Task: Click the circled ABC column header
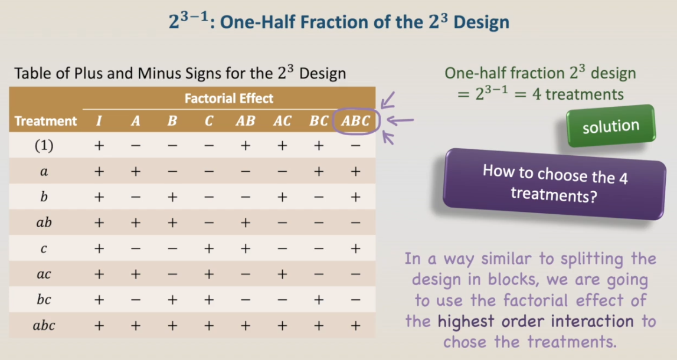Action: (x=355, y=121)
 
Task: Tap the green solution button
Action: (x=610, y=126)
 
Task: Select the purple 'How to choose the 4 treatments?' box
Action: (x=554, y=184)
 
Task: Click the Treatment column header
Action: (x=45, y=121)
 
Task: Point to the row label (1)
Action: (x=44, y=145)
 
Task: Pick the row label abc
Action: (x=44, y=325)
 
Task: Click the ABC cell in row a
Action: (x=355, y=171)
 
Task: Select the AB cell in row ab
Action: (x=245, y=222)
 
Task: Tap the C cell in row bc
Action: (x=209, y=300)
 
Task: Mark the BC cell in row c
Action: (x=319, y=248)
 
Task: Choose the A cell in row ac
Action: (x=136, y=274)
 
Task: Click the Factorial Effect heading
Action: (x=229, y=99)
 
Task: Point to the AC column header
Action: (x=282, y=121)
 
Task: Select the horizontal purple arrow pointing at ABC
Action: (x=400, y=120)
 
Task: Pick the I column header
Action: (x=99, y=121)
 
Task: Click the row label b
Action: (x=44, y=197)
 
